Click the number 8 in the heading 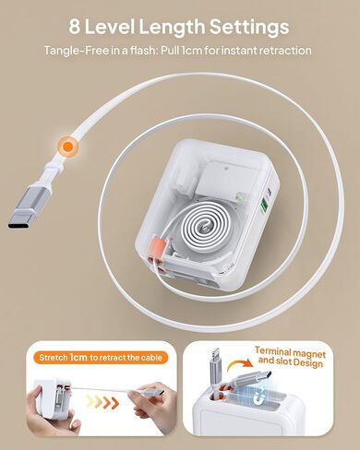(x=75, y=26)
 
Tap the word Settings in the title (x=249, y=28)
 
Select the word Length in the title (x=172, y=28)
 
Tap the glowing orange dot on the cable (x=67, y=147)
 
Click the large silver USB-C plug (x=30, y=207)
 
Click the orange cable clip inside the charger (x=158, y=246)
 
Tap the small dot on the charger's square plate (x=226, y=168)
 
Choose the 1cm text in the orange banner (x=78, y=357)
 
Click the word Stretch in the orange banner (x=54, y=358)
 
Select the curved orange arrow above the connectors (x=239, y=366)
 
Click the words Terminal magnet (x=290, y=352)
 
